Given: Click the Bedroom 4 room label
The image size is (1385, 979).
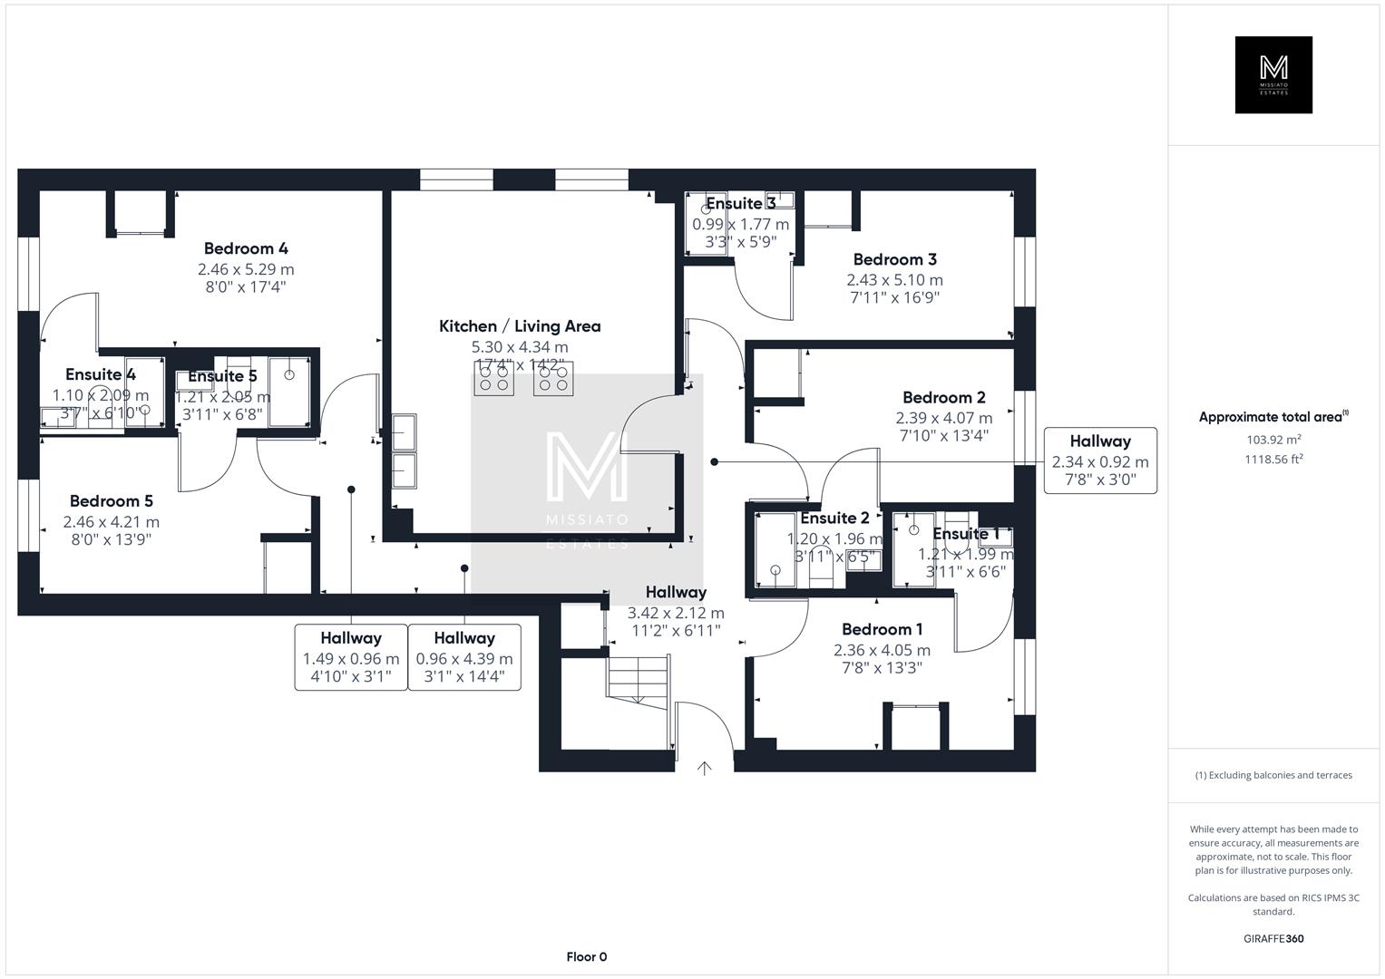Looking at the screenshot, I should click(x=246, y=248).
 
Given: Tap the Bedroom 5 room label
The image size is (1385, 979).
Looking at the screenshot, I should click(x=112, y=501).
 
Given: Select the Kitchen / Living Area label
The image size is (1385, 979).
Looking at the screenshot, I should click(x=520, y=326).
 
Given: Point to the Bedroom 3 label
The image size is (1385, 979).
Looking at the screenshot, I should click(x=894, y=260).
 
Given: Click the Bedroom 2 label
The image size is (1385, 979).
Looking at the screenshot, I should click(x=943, y=398).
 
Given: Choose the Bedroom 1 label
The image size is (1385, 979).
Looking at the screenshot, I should click(x=882, y=630).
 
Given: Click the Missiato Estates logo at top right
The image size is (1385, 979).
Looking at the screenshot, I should click(x=1273, y=75).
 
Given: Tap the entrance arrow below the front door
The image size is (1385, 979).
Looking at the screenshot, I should click(x=704, y=769).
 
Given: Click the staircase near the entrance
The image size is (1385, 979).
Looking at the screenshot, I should click(x=639, y=678).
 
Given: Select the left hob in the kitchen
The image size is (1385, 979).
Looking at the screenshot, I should click(x=493, y=378).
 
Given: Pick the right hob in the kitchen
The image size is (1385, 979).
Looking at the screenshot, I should click(x=553, y=378).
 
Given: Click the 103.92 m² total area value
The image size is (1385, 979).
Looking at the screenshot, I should click(x=1273, y=441).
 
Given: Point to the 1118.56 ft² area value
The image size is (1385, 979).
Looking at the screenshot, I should click(x=1273, y=459).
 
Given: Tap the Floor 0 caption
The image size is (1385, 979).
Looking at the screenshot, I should click(x=586, y=957).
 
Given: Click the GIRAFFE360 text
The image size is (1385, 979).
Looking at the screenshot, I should click(x=1273, y=939).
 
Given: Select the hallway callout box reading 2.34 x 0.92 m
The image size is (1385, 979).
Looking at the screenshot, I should click(x=1100, y=460).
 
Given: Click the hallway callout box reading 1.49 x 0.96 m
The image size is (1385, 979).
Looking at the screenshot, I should click(x=351, y=657).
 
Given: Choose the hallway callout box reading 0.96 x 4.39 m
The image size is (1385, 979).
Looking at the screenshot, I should click(x=464, y=657).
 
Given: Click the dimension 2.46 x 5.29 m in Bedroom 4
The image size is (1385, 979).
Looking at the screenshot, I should click(x=246, y=269).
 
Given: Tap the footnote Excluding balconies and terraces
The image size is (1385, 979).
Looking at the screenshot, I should click(x=1273, y=775).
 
